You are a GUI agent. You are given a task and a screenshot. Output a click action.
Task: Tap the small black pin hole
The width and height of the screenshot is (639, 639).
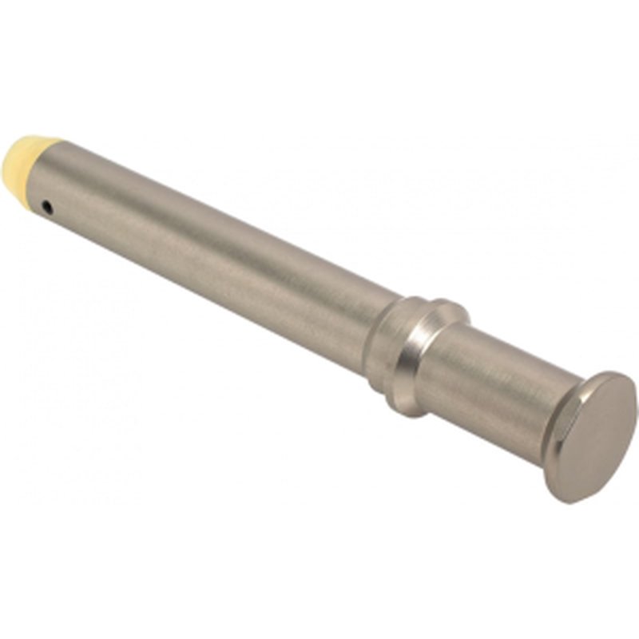tap(48, 209)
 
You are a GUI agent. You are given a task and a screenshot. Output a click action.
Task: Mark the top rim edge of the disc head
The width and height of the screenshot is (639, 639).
tap(615, 375)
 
